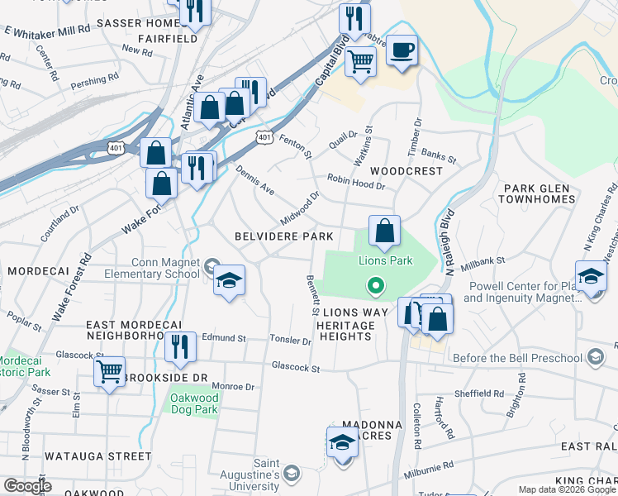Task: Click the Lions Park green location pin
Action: (x=376, y=287)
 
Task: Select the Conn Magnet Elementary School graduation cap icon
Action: (x=229, y=279)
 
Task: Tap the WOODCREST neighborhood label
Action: (x=406, y=170)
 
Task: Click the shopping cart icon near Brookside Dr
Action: (x=108, y=372)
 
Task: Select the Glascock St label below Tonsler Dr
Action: (x=295, y=367)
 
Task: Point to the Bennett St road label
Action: (x=313, y=297)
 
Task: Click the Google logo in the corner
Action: (x=27, y=486)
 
